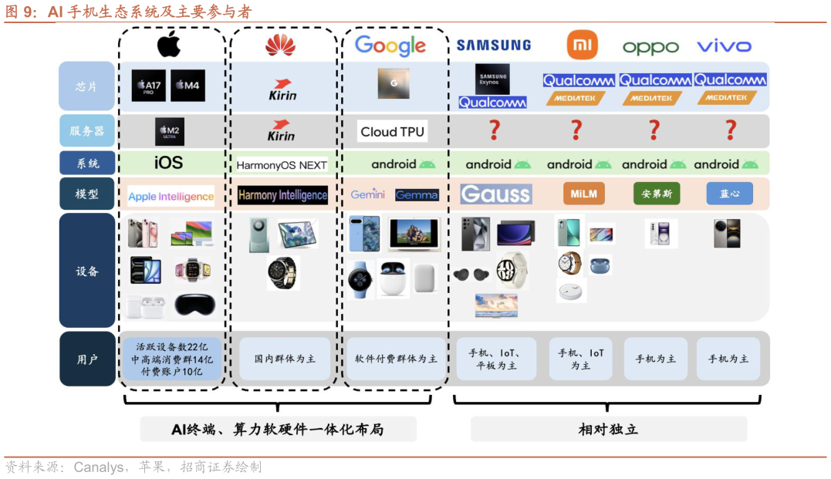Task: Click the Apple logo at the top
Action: click(169, 45)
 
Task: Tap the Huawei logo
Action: click(280, 46)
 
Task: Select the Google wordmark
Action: click(390, 46)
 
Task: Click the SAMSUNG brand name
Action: click(494, 46)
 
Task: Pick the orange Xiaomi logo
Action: click(582, 45)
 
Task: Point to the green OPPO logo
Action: click(650, 47)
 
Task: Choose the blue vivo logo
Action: click(724, 46)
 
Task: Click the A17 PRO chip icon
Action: click(148, 86)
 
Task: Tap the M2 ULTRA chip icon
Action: click(170, 132)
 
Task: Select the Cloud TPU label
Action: click(392, 132)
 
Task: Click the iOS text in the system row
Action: click(168, 163)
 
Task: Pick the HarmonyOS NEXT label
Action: click(282, 165)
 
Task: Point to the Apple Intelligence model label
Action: click(171, 197)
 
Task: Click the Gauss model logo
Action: click(495, 194)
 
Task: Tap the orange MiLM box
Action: click(583, 194)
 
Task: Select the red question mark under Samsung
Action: click(495, 130)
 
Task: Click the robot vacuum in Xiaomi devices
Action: click(571, 291)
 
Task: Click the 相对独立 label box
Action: click(608, 429)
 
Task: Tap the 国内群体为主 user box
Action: click(285, 359)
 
